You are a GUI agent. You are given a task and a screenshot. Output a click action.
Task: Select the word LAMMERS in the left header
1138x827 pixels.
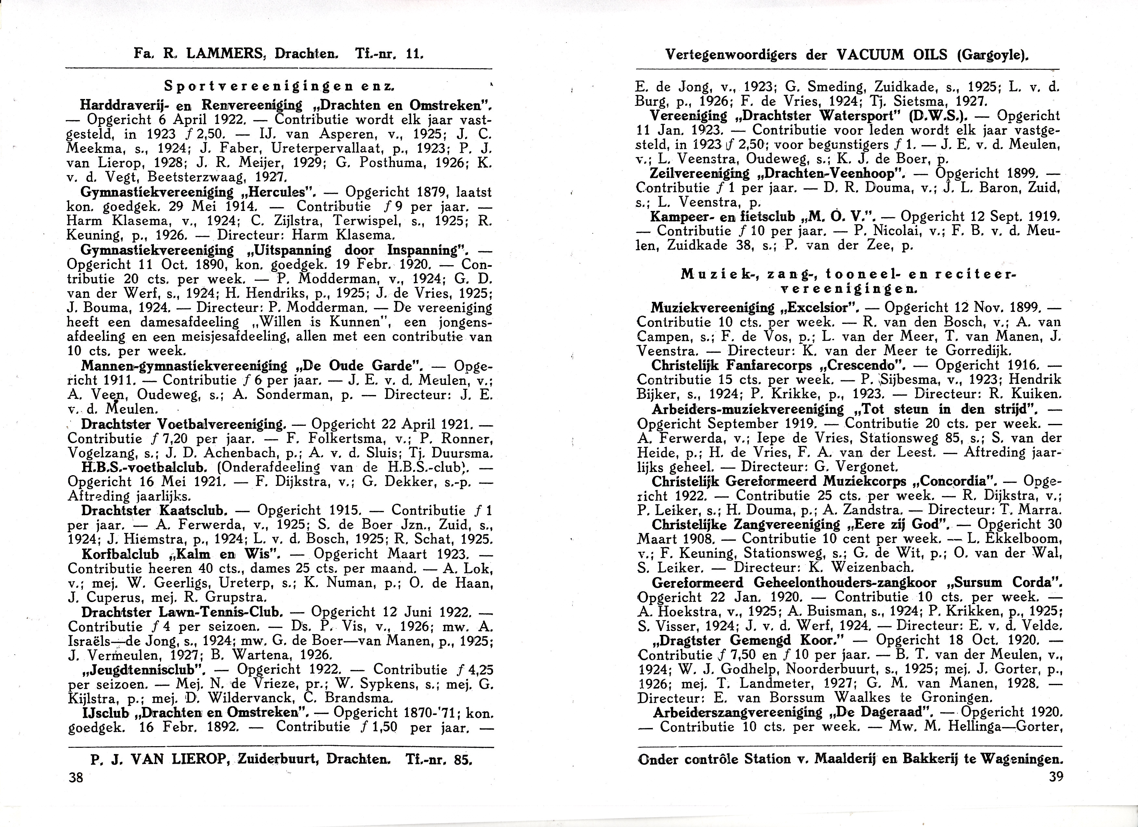(227, 54)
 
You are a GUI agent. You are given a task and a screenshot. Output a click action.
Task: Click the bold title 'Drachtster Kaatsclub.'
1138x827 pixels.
(155, 511)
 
